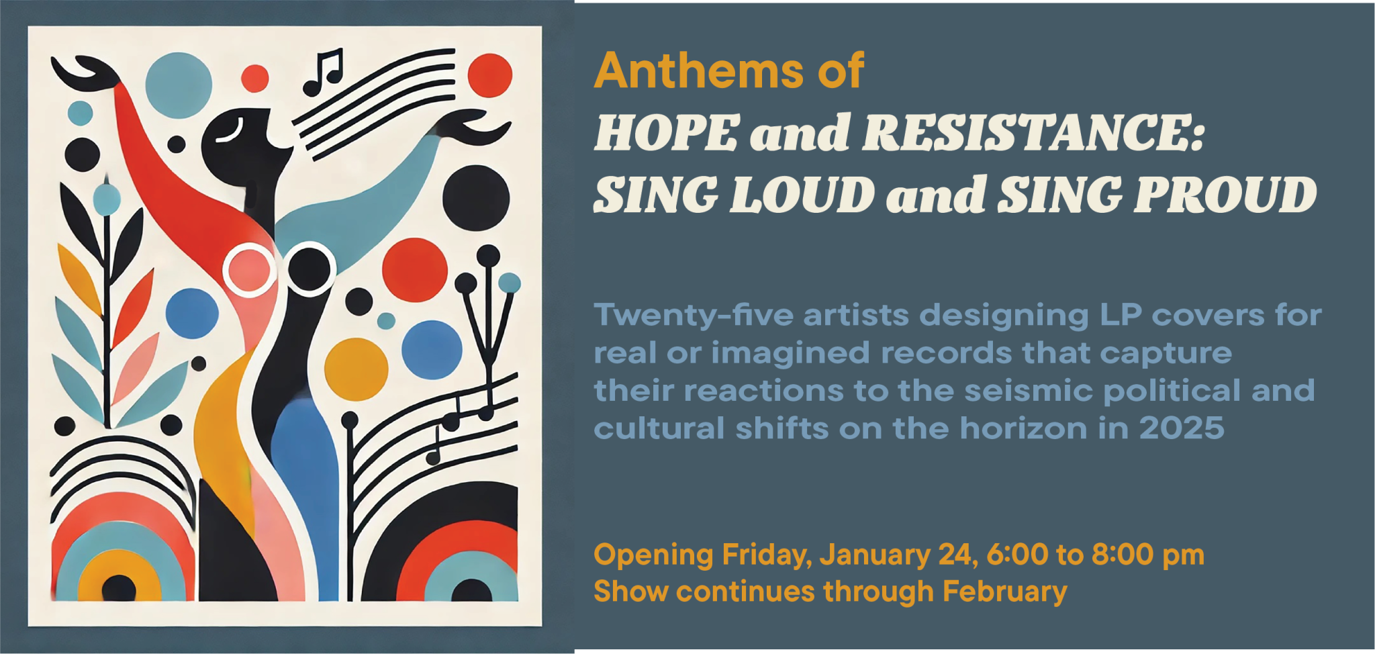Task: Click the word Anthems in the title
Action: coord(699,71)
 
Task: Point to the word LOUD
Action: coord(802,195)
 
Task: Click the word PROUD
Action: coord(1226,195)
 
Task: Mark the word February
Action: coord(1004,592)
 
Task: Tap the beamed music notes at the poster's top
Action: coord(323,71)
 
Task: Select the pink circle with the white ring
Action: coord(249,270)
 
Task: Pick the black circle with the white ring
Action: coord(310,269)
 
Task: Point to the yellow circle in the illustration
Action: coord(357,369)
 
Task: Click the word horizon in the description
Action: coord(1023,428)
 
